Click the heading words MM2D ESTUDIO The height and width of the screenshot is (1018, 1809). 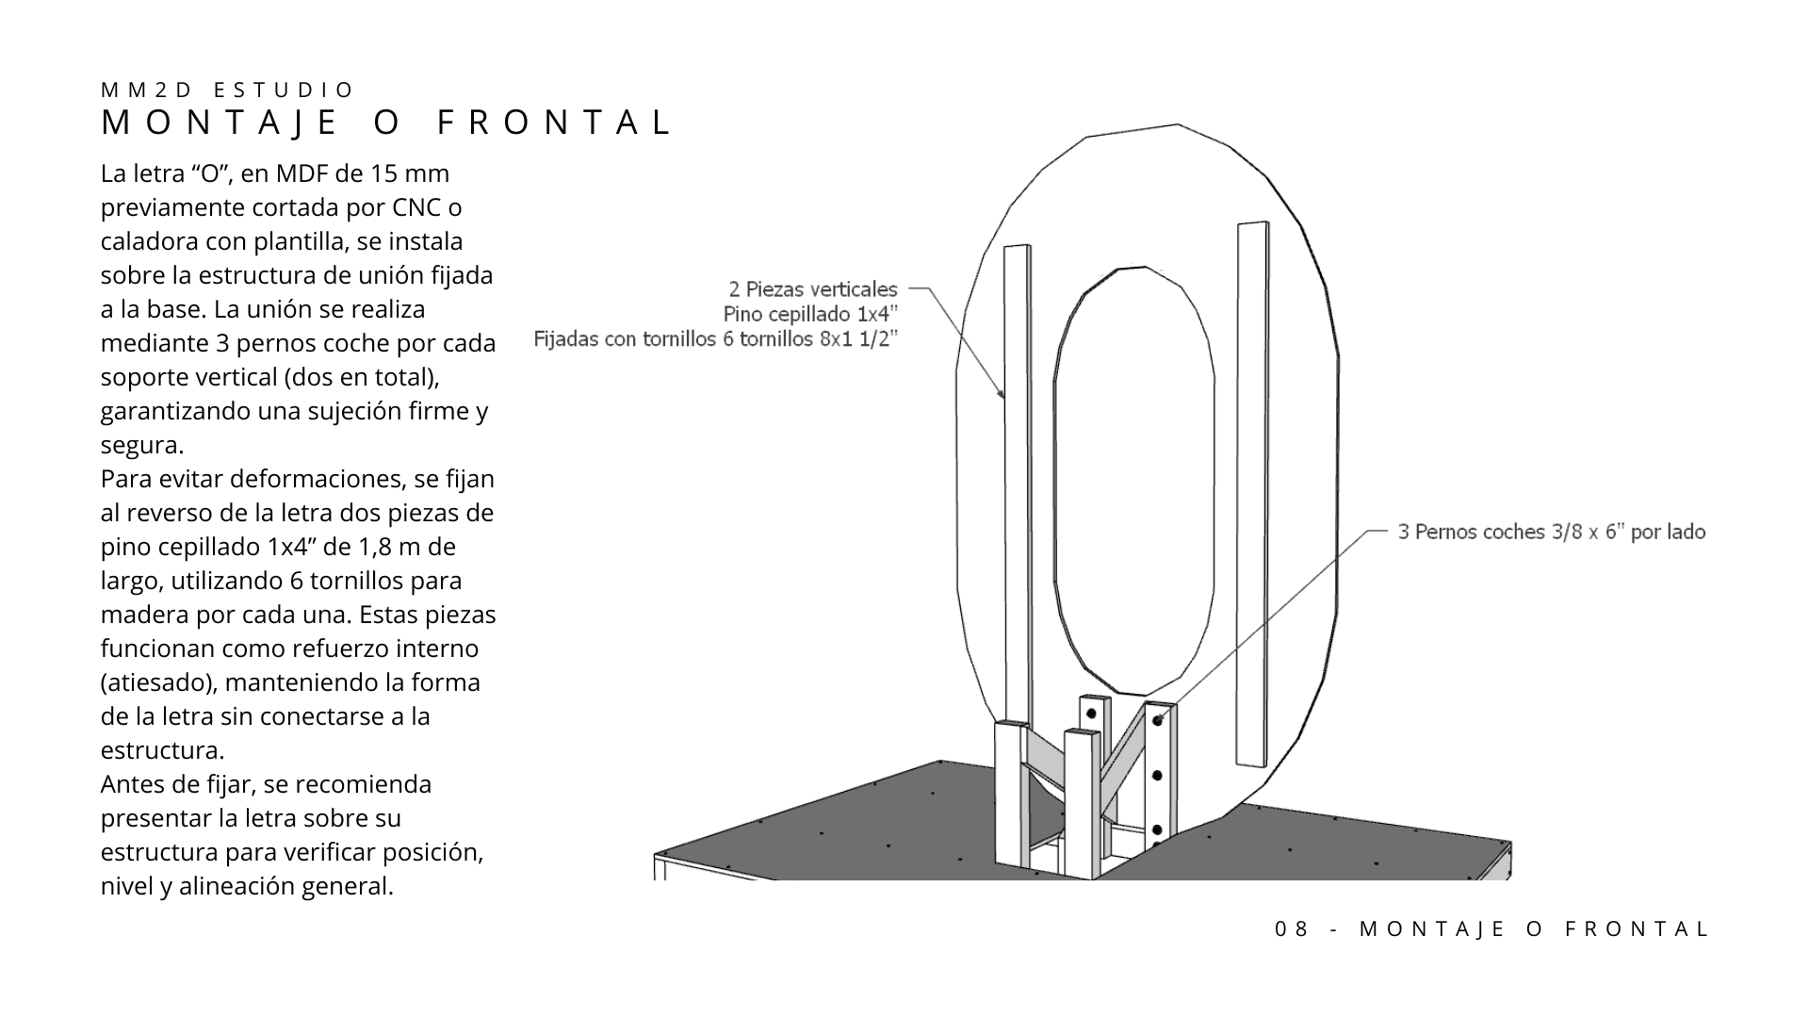(x=227, y=90)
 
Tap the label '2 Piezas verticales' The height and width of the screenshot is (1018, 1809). (x=813, y=289)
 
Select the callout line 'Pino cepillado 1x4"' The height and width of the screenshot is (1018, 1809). (x=810, y=314)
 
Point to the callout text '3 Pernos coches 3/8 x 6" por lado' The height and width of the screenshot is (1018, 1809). (x=1551, y=533)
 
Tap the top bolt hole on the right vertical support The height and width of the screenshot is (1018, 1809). (x=1158, y=721)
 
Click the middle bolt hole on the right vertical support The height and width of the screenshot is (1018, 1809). (x=1157, y=775)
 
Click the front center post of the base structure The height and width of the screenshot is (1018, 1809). (x=1079, y=801)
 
